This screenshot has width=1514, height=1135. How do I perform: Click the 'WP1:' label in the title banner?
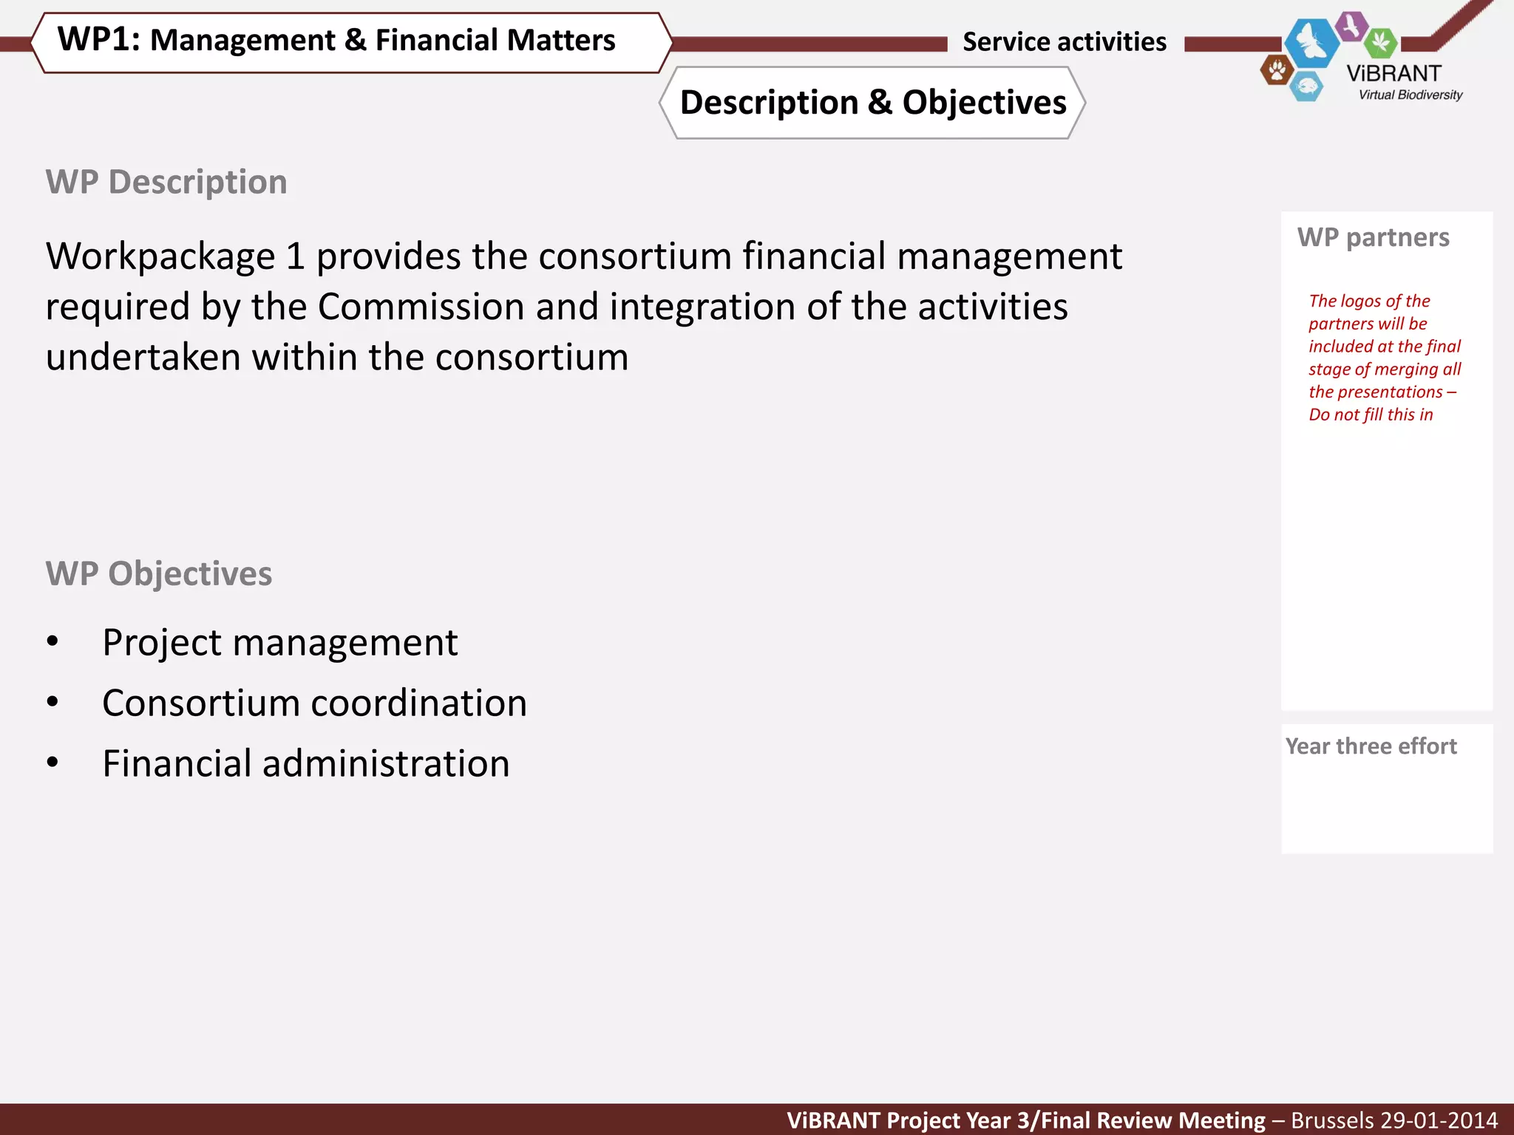point(98,40)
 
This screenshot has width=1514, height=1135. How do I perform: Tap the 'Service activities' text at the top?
point(1065,42)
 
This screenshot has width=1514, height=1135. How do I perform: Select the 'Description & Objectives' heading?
point(873,103)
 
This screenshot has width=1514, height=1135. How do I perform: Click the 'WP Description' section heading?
point(166,182)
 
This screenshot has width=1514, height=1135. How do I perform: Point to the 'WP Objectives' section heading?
point(159,573)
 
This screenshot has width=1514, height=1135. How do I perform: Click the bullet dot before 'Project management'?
point(52,641)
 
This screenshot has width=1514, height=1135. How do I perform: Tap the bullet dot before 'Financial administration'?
point(52,763)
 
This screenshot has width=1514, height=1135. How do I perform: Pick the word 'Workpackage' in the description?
point(160,256)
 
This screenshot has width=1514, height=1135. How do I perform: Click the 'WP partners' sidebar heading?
point(1374,237)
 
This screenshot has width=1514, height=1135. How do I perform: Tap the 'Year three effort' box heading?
point(1371,746)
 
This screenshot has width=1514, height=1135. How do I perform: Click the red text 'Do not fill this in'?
point(1371,415)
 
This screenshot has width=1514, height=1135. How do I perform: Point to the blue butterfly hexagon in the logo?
point(1311,43)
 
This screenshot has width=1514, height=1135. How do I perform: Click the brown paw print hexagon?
point(1277,71)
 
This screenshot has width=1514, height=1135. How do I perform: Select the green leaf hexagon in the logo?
point(1380,42)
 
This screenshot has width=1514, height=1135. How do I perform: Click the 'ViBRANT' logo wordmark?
point(1394,73)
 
